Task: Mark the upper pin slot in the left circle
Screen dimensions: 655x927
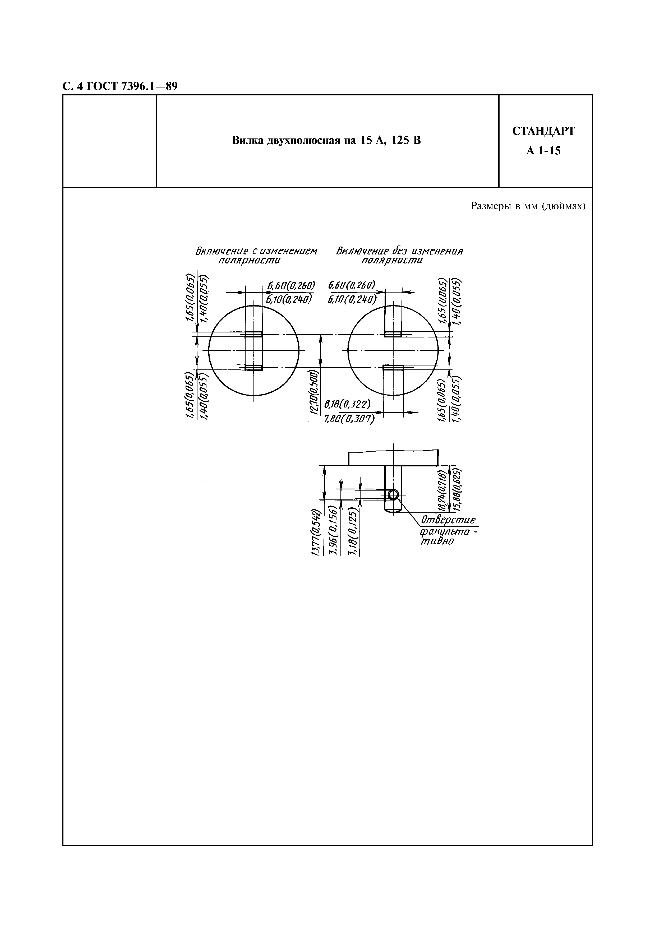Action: click(x=253, y=334)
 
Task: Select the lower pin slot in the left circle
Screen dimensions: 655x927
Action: click(x=253, y=367)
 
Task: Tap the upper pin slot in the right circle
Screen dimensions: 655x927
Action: click(x=393, y=334)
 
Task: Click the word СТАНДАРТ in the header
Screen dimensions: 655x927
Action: click(x=543, y=131)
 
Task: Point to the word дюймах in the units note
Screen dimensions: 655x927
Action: click(x=563, y=207)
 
